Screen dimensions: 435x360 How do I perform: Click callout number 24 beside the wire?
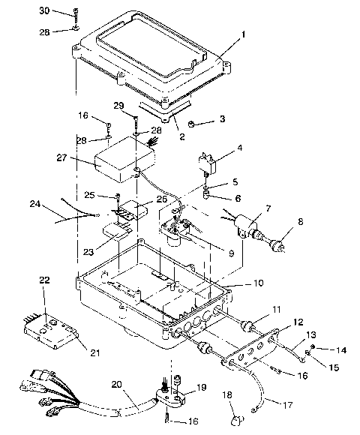[x=35, y=203]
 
